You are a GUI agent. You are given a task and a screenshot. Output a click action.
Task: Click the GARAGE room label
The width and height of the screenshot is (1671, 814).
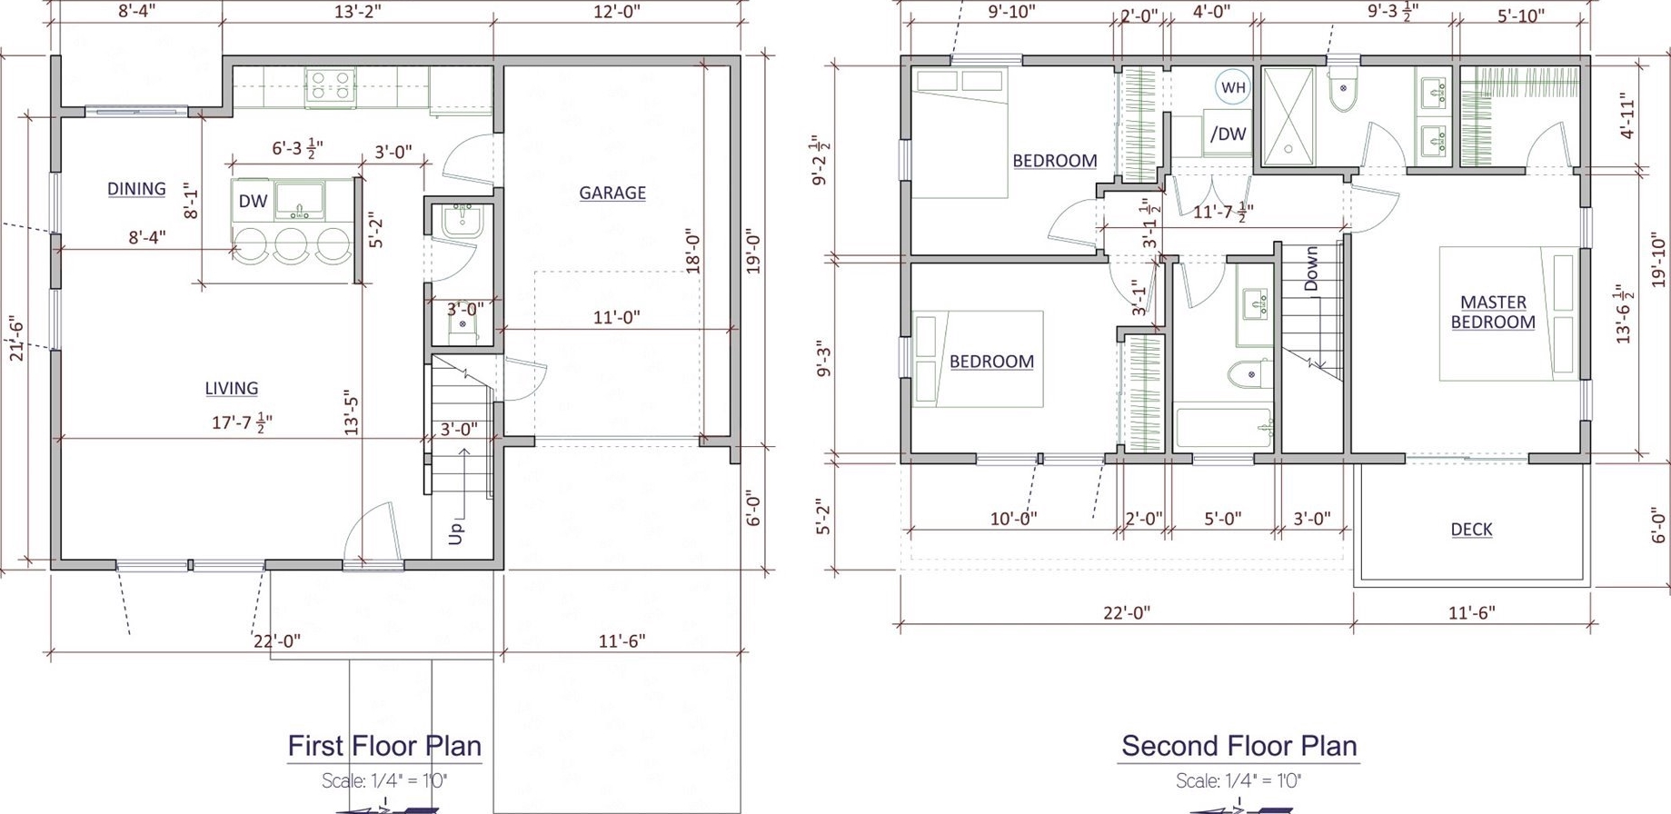click(x=612, y=193)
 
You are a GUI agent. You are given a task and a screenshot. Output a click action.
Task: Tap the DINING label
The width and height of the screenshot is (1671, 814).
click(x=136, y=189)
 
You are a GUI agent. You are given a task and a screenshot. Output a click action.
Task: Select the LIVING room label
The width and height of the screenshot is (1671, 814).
click(x=231, y=388)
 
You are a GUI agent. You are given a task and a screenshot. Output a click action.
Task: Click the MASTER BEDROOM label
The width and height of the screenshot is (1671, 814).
click(x=1493, y=312)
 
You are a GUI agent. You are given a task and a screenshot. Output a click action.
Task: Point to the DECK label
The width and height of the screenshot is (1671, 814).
click(x=1471, y=529)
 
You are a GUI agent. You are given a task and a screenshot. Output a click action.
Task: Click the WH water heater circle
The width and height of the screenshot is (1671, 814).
click(x=1233, y=87)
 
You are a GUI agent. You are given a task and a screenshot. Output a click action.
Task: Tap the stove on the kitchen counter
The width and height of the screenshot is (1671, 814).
click(x=330, y=87)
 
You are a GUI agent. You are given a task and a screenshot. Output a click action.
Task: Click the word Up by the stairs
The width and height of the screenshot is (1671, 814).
click(x=456, y=532)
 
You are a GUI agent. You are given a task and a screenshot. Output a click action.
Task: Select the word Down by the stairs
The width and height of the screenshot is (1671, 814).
click(x=1311, y=269)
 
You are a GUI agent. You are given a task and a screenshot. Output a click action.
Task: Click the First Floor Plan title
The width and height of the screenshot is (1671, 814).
click(x=384, y=746)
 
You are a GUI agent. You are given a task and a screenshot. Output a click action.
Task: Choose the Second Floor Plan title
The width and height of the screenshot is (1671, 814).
click(x=1238, y=746)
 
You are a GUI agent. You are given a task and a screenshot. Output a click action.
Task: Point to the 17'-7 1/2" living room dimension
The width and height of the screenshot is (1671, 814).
click(x=243, y=422)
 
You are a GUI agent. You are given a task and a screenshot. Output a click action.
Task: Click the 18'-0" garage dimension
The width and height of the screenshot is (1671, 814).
click(x=693, y=251)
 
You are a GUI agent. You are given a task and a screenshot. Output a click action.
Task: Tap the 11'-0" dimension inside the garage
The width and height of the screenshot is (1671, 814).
click(x=616, y=317)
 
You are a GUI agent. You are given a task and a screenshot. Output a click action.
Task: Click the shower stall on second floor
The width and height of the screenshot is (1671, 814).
click(x=1288, y=116)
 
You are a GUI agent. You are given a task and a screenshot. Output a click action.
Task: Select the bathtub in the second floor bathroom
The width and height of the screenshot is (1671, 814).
click(x=1224, y=428)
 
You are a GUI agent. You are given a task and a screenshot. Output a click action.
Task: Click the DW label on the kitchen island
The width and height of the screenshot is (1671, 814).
click(x=253, y=202)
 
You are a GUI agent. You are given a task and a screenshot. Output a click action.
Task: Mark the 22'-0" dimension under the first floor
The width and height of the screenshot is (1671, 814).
click(x=277, y=640)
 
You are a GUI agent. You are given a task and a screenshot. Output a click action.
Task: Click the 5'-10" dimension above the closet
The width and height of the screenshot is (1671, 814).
click(x=1520, y=16)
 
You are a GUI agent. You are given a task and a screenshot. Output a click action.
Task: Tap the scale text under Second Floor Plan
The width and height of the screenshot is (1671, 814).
click(x=1238, y=780)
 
